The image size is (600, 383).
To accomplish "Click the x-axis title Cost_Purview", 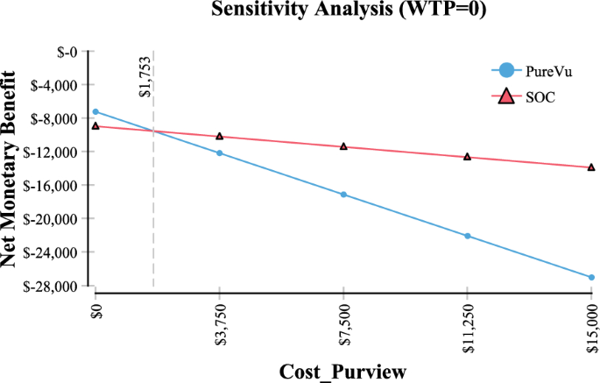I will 342,371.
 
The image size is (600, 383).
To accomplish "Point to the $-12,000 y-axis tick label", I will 54,152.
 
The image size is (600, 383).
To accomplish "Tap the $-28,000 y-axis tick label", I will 54,286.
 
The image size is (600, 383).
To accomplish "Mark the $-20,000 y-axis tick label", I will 54,219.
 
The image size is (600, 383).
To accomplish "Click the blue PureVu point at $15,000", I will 591,278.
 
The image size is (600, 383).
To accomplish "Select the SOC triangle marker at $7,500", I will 343,146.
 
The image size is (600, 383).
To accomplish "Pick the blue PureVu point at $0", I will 95,111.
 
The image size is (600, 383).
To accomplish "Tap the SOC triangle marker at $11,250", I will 468,157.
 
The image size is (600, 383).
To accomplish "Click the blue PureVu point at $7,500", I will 343,195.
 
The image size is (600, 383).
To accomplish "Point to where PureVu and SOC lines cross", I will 154,131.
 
